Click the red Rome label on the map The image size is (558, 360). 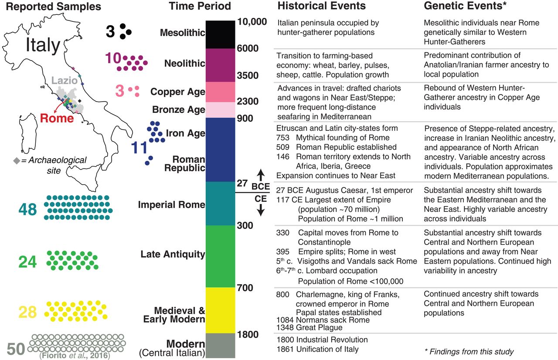click(x=57, y=118)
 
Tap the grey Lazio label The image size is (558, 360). click(x=65, y=81)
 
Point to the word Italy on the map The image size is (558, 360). click(x=43, y=45)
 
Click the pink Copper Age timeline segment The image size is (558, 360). click(x=220, y=92)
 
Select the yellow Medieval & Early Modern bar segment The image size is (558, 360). click(x=220, y=310)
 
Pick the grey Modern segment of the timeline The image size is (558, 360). click(x=220, y=346)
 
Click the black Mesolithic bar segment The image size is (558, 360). click(x=220, y=34)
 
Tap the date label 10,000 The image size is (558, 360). click(x=252, y=22)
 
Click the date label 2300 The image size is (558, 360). click(x=248, y=101)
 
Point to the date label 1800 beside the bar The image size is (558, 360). click(x=248, y=334)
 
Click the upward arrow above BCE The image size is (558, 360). click(x=261, y=175)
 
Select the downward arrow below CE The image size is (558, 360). click(x=261, y=210)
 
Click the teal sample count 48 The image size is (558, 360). click(x=27, y=209)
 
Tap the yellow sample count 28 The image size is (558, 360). click(x=27, y=312)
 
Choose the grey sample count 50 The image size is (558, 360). click(x=16, y=349)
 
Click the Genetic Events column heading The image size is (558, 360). click(x=465, y=6)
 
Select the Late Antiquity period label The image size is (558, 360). click(x=173, y=254)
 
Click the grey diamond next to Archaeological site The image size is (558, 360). click(x=17, y=161)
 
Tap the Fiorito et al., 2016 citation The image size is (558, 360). click(x=75, y=356)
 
